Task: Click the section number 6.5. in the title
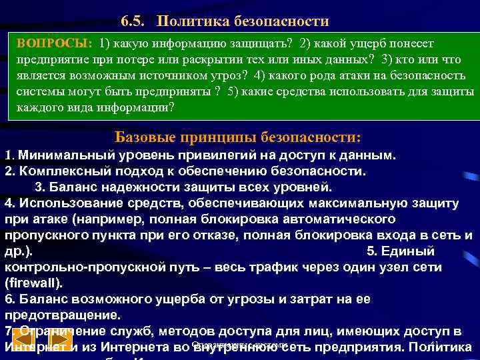coord(136,21)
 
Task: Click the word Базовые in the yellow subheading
coord(142,137)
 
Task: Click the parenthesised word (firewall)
coord(34,283)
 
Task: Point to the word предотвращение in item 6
coord(53,315)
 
